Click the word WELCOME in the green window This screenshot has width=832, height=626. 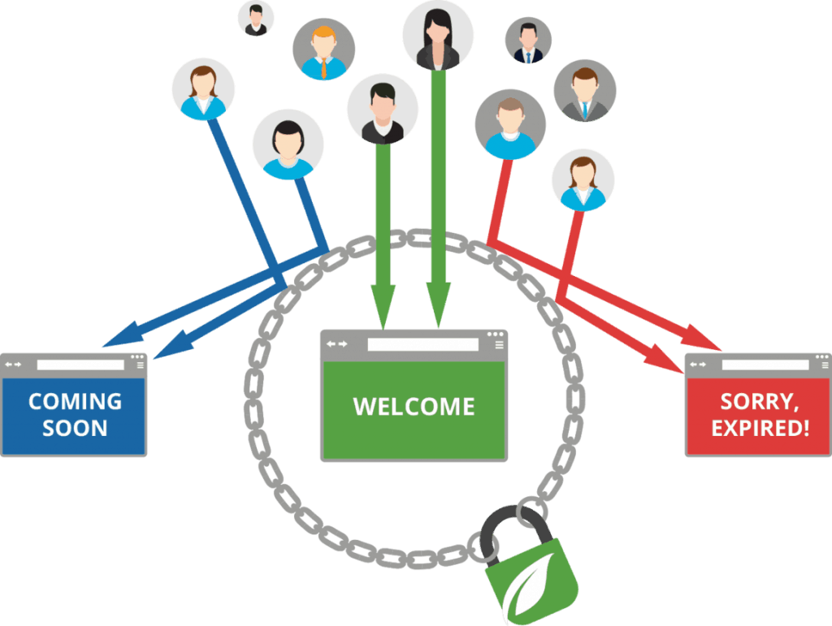414,406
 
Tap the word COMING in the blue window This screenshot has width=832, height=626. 75,401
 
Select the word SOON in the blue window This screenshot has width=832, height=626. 75,428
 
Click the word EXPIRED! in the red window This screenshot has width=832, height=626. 760,427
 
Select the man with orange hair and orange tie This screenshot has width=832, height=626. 323,50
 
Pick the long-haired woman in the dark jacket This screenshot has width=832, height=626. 438,35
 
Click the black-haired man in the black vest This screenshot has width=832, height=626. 382,110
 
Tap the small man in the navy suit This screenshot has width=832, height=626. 528,41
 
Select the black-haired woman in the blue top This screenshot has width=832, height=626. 288,145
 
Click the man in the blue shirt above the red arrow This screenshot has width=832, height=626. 510,124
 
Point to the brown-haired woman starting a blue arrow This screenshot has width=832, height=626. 203,89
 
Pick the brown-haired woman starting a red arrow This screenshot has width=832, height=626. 583,180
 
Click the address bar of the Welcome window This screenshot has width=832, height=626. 422,344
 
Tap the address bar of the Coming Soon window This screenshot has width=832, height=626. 80,365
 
